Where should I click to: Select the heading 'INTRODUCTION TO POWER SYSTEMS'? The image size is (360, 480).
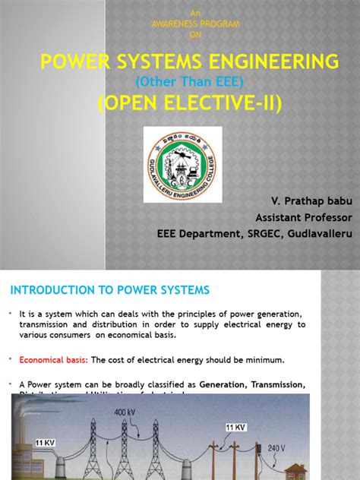[109, 290]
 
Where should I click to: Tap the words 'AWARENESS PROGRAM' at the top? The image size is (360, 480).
[196, 24]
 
